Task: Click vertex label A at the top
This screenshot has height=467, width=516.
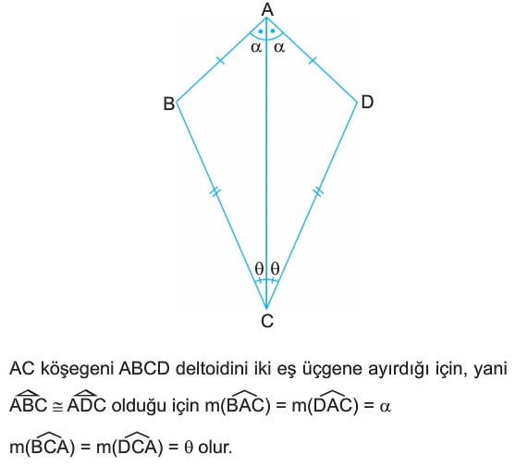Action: point(267,9)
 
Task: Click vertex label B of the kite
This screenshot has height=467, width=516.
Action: point(169,104)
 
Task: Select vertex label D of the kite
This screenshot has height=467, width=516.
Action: point(367,102)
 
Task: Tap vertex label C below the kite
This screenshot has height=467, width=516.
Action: point(267,321)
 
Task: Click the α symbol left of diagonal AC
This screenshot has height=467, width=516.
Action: point(256,47)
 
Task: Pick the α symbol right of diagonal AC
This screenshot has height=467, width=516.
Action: point(279,47)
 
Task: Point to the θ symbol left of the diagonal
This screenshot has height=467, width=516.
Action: point(259,268)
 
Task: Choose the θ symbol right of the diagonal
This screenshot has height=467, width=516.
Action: point(276,268)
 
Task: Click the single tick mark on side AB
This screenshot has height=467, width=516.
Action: point(220,60)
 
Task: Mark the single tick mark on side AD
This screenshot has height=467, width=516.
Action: point(313,60)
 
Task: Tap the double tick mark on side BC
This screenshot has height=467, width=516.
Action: point(215,191)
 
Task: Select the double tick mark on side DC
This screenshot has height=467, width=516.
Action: point(318,191)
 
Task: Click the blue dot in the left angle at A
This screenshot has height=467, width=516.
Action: point(261,31)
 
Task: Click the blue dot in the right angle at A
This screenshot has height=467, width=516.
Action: point(273,31)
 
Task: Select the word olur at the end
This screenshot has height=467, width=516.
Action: point(215,448)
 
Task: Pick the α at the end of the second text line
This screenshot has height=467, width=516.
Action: point(385,408)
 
